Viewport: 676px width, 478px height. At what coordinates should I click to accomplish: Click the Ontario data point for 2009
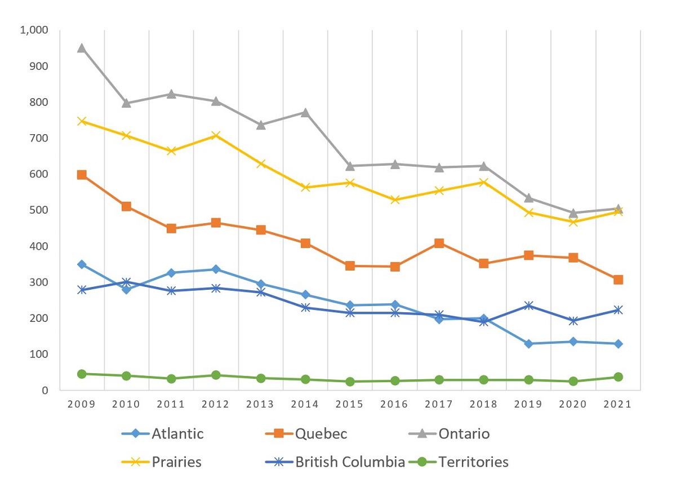pos(82,48)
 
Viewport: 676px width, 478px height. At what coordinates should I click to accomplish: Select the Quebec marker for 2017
pos(439,243)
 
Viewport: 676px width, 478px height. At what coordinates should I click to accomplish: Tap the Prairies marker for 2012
pos(216,135)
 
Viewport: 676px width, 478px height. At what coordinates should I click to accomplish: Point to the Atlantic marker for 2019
pos(528,344)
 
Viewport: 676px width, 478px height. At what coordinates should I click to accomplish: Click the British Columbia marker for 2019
pos(528,306)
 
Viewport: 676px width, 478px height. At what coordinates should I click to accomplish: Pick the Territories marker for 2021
pos(618,377)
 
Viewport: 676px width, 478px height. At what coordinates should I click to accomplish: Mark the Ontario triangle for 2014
pos(305,112)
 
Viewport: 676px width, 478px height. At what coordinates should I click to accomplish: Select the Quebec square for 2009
pos(82,175)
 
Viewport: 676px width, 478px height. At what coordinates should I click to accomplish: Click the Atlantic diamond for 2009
pos(82,264)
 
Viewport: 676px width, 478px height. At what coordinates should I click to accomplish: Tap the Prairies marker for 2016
pos(394,200)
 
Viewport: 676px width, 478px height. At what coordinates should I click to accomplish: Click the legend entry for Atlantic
pos(177,433)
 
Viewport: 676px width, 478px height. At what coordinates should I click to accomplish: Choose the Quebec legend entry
pos(320,433)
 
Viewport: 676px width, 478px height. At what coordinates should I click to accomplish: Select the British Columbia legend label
pos(350,462)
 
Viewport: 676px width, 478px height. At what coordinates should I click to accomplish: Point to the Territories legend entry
pos(473,462)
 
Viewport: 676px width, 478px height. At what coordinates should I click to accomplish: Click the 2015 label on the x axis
pos(350,405)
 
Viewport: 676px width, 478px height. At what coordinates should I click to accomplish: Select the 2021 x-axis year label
pos(618,405)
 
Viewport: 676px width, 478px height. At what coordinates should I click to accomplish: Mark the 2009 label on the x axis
pos(82,405)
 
